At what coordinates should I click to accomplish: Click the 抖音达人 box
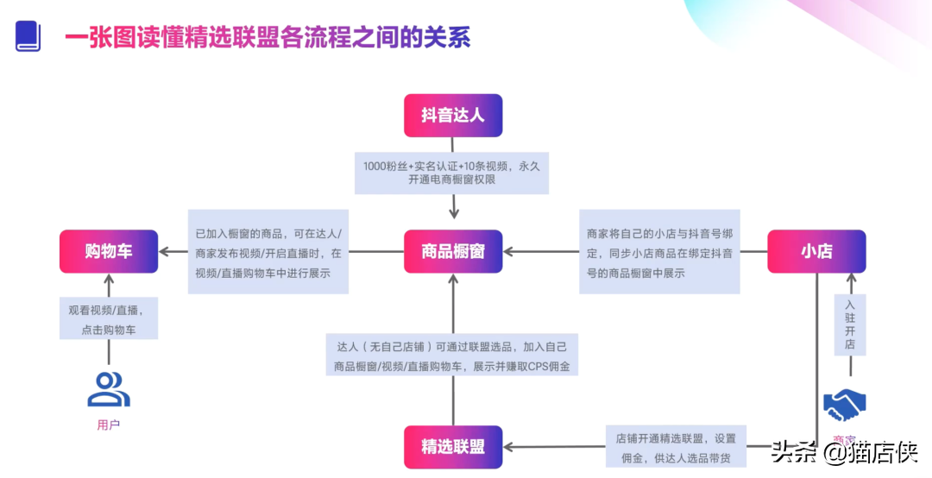coord(453,116)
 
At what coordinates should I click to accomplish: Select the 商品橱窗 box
coord(453,251)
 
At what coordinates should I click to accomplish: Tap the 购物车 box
coord(109,251)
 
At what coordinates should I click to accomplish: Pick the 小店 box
coord(816,251)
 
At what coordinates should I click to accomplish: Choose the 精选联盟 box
coord(453,447)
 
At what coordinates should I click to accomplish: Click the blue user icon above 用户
coord(109,389)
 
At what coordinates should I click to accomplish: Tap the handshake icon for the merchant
coord(845,404)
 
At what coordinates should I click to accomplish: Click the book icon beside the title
coord(28,36)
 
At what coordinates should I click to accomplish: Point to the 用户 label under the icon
coord(109,425)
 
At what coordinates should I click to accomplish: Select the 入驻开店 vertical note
coord(850,324)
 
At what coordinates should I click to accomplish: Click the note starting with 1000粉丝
coord(451,173)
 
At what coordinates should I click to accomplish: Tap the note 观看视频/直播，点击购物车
coord(109,318)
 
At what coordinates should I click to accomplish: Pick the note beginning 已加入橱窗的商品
coord(268,251)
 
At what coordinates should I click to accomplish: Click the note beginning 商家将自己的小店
coord(659,251)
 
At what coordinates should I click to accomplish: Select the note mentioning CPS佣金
coord(451,355)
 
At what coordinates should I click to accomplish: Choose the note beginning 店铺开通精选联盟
coord(671,446)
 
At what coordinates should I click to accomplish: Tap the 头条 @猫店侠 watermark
coord(845,450)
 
